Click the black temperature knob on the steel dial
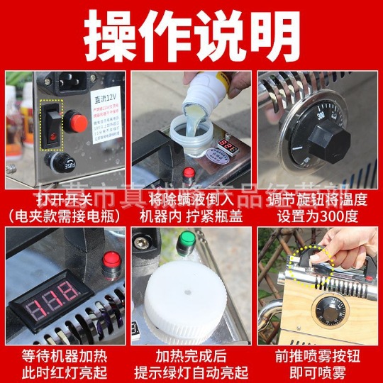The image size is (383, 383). (329, 134)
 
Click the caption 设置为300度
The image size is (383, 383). (318, 216)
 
